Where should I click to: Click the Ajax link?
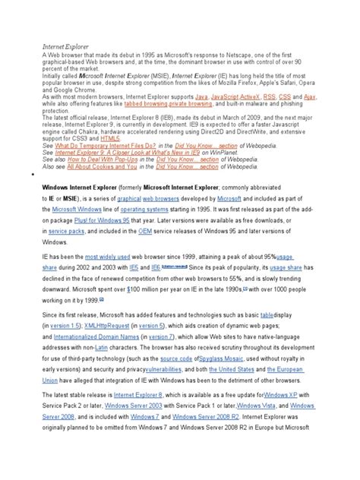[x=310, y=97]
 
